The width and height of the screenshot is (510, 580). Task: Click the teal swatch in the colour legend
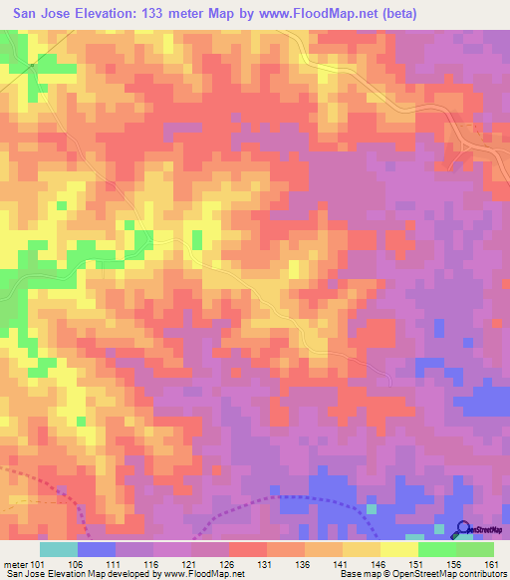coord(59,549)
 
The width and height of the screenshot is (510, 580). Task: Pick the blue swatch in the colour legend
coord(97,549)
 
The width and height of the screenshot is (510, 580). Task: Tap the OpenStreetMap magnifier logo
coord(461,529)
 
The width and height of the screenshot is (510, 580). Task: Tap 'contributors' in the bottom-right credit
coord(479,573)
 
